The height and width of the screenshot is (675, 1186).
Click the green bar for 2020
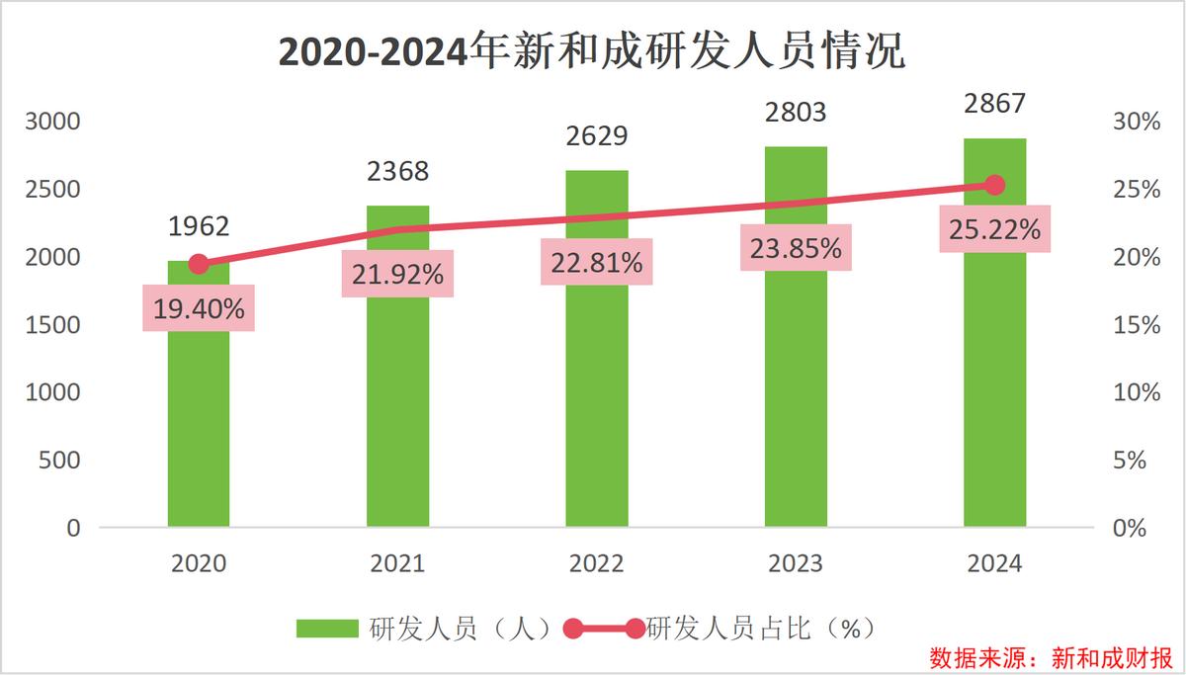pyautogui.click(x=199, y=415)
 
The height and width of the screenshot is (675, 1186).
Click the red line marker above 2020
pyautogui.click(x=199, y=264)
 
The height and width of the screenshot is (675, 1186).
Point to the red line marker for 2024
pyautogui.click(x=995, y=185)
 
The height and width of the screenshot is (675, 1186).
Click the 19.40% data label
pyautogui.click(x=199, y=308)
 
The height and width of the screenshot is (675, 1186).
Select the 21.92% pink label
pyautogui.click(x=397, y=274)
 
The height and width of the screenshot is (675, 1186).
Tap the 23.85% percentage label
pyautogui.click(x=796, y=248)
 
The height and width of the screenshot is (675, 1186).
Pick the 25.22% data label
pyautogui.click(x=994, y=229)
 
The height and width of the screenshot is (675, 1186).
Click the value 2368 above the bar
pyautogui.click(x=397, y=171)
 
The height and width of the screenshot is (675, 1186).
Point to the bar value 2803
pyautogui.click(x=796, y=112)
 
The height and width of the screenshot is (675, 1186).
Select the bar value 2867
pyautogui.click(x=995, y=103)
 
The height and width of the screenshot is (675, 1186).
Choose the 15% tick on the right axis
pyautogui.click(x=1137, y=325)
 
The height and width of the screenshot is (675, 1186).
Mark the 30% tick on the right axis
pyautogui.click(x=1137, y=122)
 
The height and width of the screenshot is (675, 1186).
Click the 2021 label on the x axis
pyautogui.click(x=397, y=563)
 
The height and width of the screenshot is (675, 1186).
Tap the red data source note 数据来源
pyautogui.click(x=1050, y=657)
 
